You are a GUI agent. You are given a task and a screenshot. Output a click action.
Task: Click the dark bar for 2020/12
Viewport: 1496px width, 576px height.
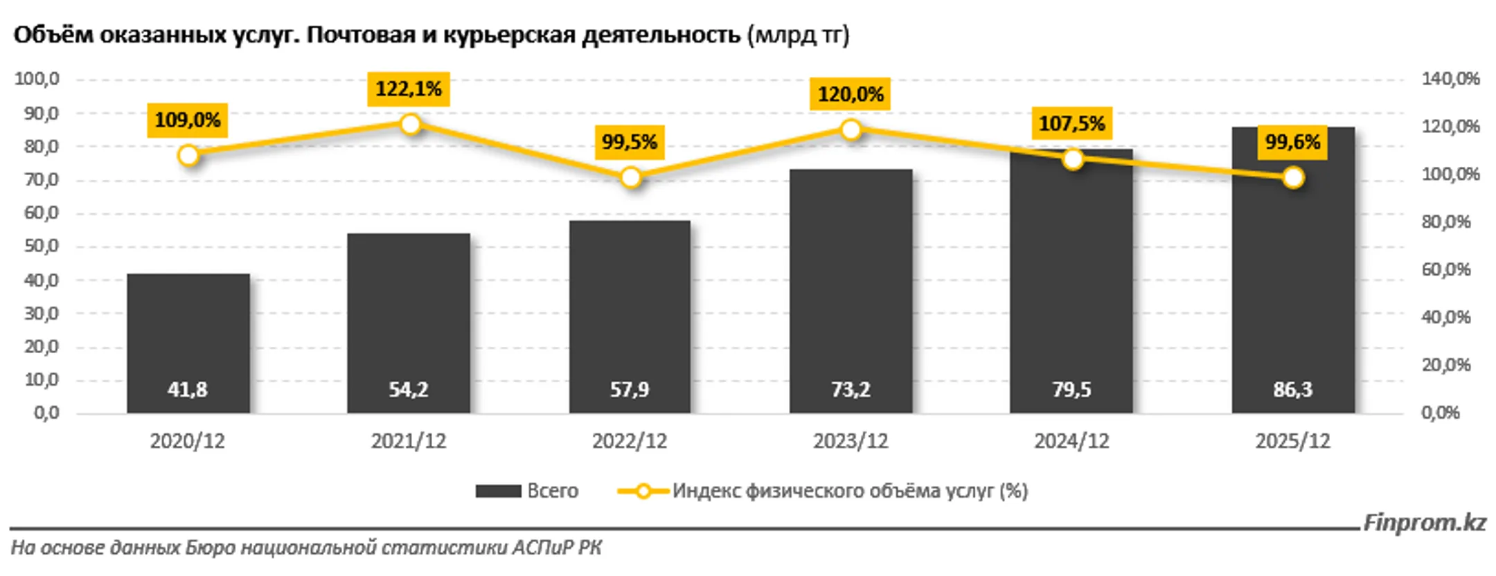[188, 343]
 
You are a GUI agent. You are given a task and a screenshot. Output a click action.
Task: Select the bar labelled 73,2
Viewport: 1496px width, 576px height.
[851, 291]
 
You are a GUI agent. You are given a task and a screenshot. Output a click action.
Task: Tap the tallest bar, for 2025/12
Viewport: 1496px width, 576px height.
[1293, 270]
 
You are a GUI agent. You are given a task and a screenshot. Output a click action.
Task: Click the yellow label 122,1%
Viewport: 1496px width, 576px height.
[409, 89]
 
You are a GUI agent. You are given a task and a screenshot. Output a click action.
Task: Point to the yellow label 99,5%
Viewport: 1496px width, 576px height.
[630, 142]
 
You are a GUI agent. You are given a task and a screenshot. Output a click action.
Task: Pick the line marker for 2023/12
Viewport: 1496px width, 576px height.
[851, 129]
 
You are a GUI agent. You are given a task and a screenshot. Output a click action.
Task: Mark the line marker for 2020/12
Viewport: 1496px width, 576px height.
[188, 155]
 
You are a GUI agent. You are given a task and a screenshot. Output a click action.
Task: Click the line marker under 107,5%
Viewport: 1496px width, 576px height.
[1073, 159]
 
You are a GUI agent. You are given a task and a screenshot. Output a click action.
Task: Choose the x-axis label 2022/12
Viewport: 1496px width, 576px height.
[630, 441]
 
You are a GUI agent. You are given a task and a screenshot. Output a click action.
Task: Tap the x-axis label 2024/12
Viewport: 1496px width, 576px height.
[1071, 441]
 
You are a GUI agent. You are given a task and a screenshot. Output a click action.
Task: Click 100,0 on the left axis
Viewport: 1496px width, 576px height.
[37, 79]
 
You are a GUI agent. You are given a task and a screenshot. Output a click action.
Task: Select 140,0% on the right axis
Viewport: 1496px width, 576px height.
[1451, 79]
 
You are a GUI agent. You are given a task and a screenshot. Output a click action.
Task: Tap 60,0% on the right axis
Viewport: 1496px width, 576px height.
[1446, 269]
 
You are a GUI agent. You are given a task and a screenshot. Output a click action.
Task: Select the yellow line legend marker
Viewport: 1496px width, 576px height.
[643, 491]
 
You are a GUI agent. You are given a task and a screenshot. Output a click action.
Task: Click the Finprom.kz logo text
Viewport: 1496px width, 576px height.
[1425, 523]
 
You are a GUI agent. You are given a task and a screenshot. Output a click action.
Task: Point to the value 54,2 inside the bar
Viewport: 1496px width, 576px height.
[409, 390]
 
